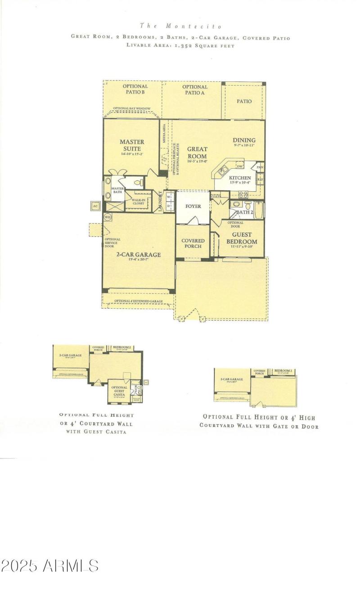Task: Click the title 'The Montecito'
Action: point(180,26)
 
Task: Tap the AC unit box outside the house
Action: point(95,206)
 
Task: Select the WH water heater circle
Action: point(108,217)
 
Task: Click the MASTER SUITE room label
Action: point(132,145)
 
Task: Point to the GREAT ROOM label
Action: point(197,153)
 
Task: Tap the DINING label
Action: point(244,140)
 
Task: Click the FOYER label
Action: point(193,206)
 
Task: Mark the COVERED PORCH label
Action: point(193,243)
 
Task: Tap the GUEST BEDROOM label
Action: point(244,238)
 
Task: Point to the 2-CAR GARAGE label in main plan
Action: point(139,255)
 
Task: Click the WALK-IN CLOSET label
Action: point(138,201)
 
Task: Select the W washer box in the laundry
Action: point(169,197)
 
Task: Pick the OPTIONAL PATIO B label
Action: point(135,89)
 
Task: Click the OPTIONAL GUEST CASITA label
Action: point(119,391)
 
